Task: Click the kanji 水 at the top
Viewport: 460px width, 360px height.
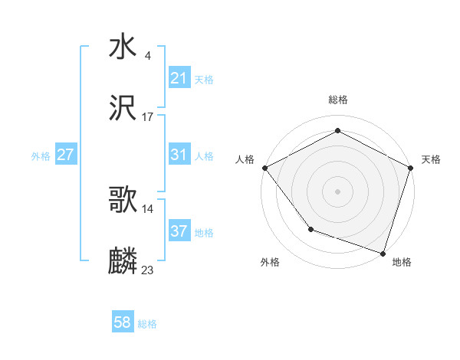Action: pos(123,48)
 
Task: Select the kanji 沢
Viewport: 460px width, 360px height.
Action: pos(123,108)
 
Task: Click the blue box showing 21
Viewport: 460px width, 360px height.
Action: pos(179,78)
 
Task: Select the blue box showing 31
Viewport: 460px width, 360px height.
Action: pos(179,155)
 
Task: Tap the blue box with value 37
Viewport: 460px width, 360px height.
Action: pos(179,231)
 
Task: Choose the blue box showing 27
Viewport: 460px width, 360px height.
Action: pos(65,155)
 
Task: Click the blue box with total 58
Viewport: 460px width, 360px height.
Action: pos(123,322)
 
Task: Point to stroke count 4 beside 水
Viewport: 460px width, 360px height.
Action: pos(147,56)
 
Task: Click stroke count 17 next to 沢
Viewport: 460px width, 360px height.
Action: pos(148,116)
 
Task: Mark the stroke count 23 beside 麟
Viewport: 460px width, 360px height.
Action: pos(148,270)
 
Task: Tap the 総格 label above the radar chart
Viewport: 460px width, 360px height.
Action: pos(338,100)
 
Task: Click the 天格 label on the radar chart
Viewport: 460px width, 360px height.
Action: pos(431,159)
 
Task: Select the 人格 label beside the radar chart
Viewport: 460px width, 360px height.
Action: pos(245,159)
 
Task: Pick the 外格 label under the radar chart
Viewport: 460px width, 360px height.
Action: pos(270,262)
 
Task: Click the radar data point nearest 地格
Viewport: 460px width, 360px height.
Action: pos(383,252)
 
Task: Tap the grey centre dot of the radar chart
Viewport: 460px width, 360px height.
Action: pos(337,191)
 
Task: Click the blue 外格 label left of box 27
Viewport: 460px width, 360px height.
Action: pos(41,155)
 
